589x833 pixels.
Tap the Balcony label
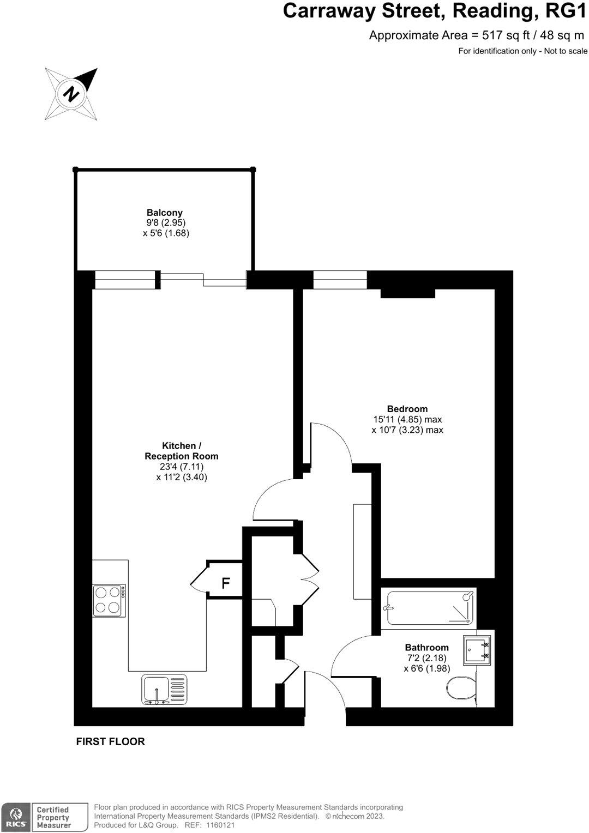point(164,213)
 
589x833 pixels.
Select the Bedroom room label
point(407,409)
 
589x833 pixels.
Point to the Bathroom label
point(426,648)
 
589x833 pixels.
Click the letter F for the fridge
point(225,584)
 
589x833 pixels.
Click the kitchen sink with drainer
point(164,690)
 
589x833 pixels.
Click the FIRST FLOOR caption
point(111,741)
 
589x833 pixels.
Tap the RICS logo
point(16,817)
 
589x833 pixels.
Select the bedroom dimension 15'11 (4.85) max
point(407,420)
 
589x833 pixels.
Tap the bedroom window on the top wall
point(340,280)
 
